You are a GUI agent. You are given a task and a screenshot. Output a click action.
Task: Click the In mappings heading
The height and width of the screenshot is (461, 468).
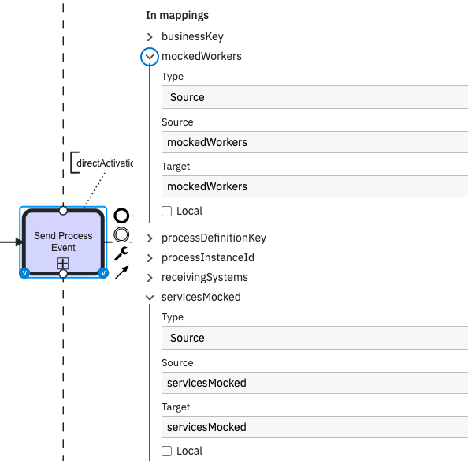[177, 15]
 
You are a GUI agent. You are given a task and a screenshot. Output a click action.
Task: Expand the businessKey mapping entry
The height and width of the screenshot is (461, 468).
[150, 36]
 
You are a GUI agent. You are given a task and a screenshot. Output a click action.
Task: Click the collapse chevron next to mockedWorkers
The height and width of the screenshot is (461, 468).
[150, 57]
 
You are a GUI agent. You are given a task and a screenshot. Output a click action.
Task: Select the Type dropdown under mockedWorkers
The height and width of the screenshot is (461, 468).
[314, 97]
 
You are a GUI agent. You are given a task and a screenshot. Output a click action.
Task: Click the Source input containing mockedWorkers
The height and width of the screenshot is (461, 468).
[314, 142]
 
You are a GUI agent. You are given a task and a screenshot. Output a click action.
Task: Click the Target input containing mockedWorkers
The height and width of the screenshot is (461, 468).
[314, 186]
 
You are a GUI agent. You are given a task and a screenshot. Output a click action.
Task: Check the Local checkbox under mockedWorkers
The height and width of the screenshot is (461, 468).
[166, 211]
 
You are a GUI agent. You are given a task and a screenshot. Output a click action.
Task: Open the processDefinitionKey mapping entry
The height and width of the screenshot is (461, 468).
[150, 238]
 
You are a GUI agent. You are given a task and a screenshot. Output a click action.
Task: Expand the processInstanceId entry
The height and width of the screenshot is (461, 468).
[150, 258]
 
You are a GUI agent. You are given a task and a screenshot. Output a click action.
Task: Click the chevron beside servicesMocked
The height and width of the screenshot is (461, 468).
[150, 298]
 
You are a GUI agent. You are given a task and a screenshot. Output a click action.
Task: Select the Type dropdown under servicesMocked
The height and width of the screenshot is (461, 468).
[314, 338]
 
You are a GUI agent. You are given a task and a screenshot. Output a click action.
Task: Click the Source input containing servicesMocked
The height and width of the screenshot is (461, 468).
[314, 383]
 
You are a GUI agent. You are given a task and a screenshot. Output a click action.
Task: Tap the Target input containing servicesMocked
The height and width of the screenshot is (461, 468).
[314, 427]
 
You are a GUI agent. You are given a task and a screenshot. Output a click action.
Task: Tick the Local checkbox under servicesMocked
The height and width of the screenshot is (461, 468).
[166, 451]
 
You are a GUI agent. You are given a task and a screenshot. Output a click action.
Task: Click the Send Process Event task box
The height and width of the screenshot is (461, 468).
[63, 237]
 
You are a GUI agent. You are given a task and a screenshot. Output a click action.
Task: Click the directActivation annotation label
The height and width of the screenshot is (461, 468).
[104, 163]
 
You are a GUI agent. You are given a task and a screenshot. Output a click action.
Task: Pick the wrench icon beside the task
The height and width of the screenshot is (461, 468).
[121, 253]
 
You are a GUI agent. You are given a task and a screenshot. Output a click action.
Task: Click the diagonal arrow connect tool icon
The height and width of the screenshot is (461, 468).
[121, 272]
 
